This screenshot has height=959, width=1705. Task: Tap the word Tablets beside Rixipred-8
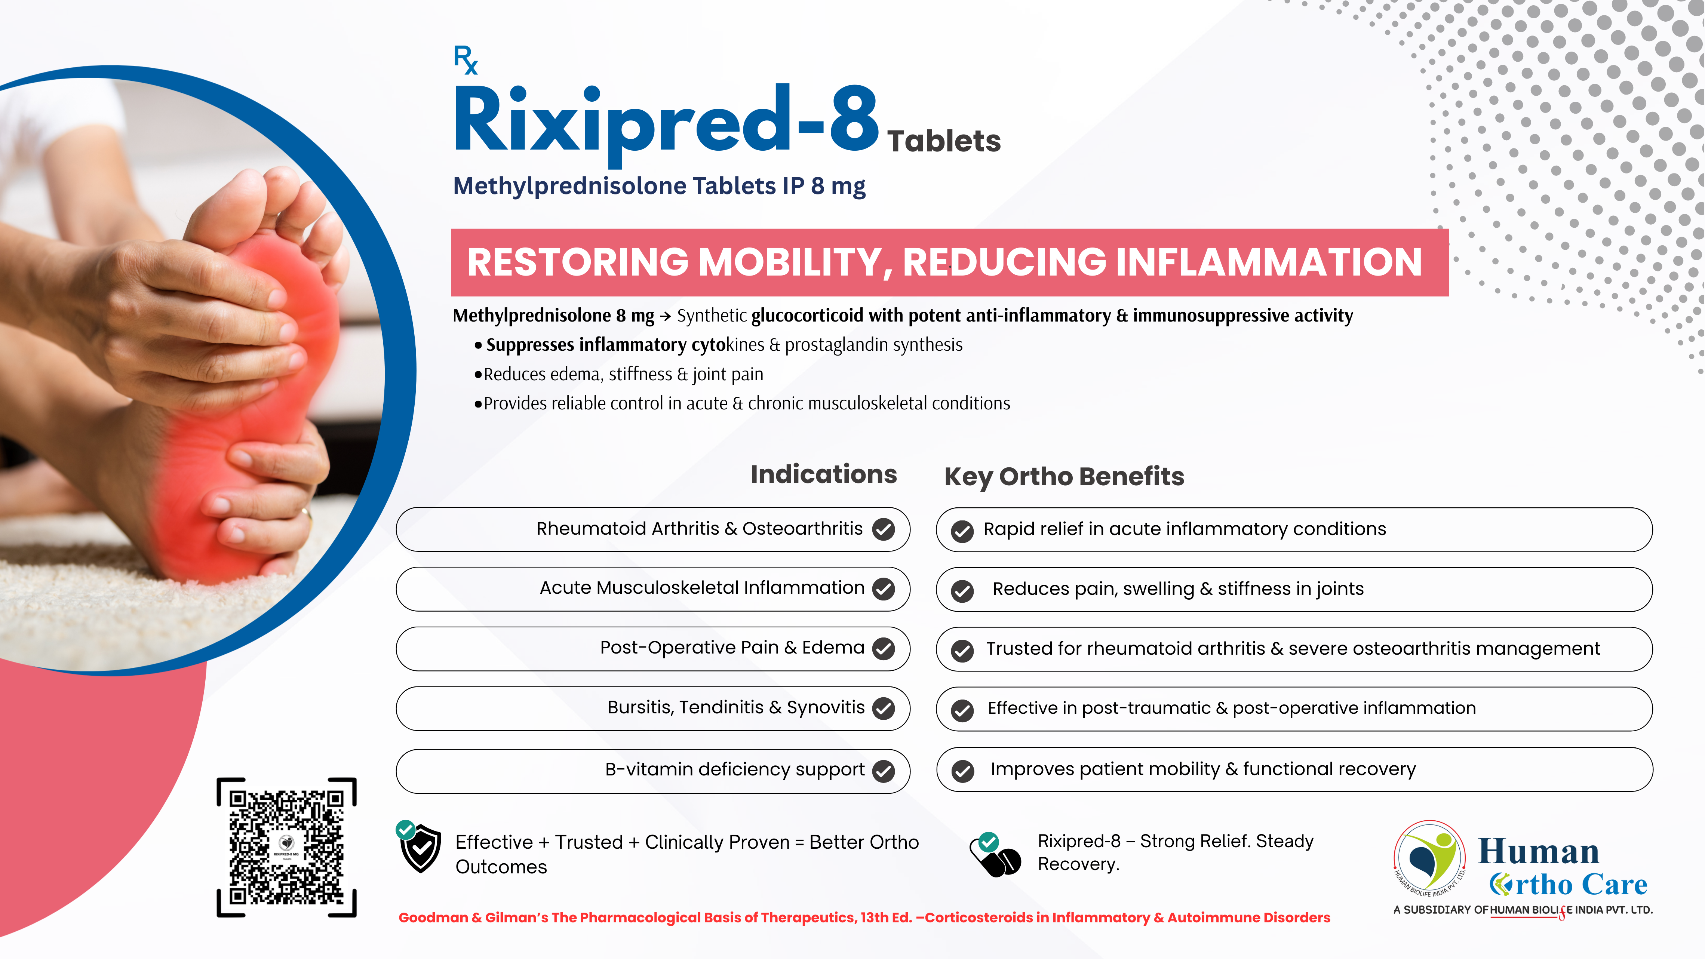click(x=944, y=141)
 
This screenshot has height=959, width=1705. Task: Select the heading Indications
click(x=823, y=474)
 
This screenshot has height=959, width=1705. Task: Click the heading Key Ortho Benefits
click(x=1064, y=477)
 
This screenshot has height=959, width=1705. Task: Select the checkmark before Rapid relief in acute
click(x=962, y=531)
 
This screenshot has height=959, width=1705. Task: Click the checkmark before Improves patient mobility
click(x=962, y=771)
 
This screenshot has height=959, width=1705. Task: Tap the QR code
click(x=286, y=847)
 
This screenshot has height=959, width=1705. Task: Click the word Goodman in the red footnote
click(x=433, y=918)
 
